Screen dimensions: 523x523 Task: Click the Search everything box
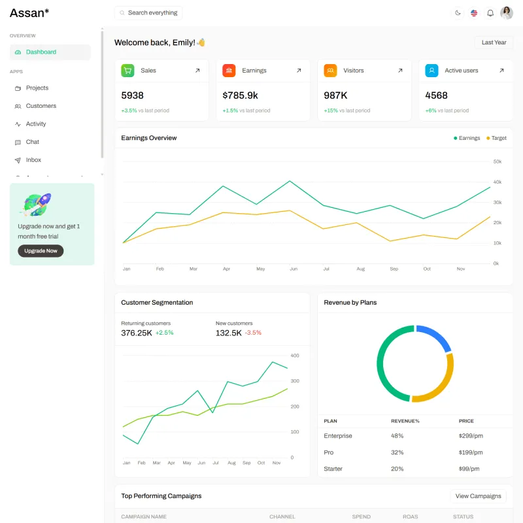click(148, 12)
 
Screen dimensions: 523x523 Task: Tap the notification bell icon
click(490, 13)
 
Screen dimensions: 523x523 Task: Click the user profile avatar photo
click(506, 13)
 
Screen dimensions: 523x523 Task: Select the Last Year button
click(494, 42)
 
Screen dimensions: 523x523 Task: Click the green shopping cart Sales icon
click(127, 71)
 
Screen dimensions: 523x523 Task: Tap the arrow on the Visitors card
click(400, 71)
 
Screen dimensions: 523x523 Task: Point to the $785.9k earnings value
click(240, 95)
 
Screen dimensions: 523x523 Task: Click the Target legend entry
click(496, 138)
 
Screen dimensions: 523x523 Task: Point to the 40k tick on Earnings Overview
click(497, 182)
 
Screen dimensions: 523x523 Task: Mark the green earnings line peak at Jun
click(290, 181)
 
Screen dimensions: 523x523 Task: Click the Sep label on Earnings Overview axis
click(394, 269)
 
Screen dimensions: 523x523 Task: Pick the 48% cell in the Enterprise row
click(397, 436)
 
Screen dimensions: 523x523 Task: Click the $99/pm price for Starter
click(469, 469)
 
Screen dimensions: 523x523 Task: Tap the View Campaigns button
click(478, 496)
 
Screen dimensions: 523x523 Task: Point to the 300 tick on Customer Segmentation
click(295, 381)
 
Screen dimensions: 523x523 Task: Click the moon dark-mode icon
click(458, 13)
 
